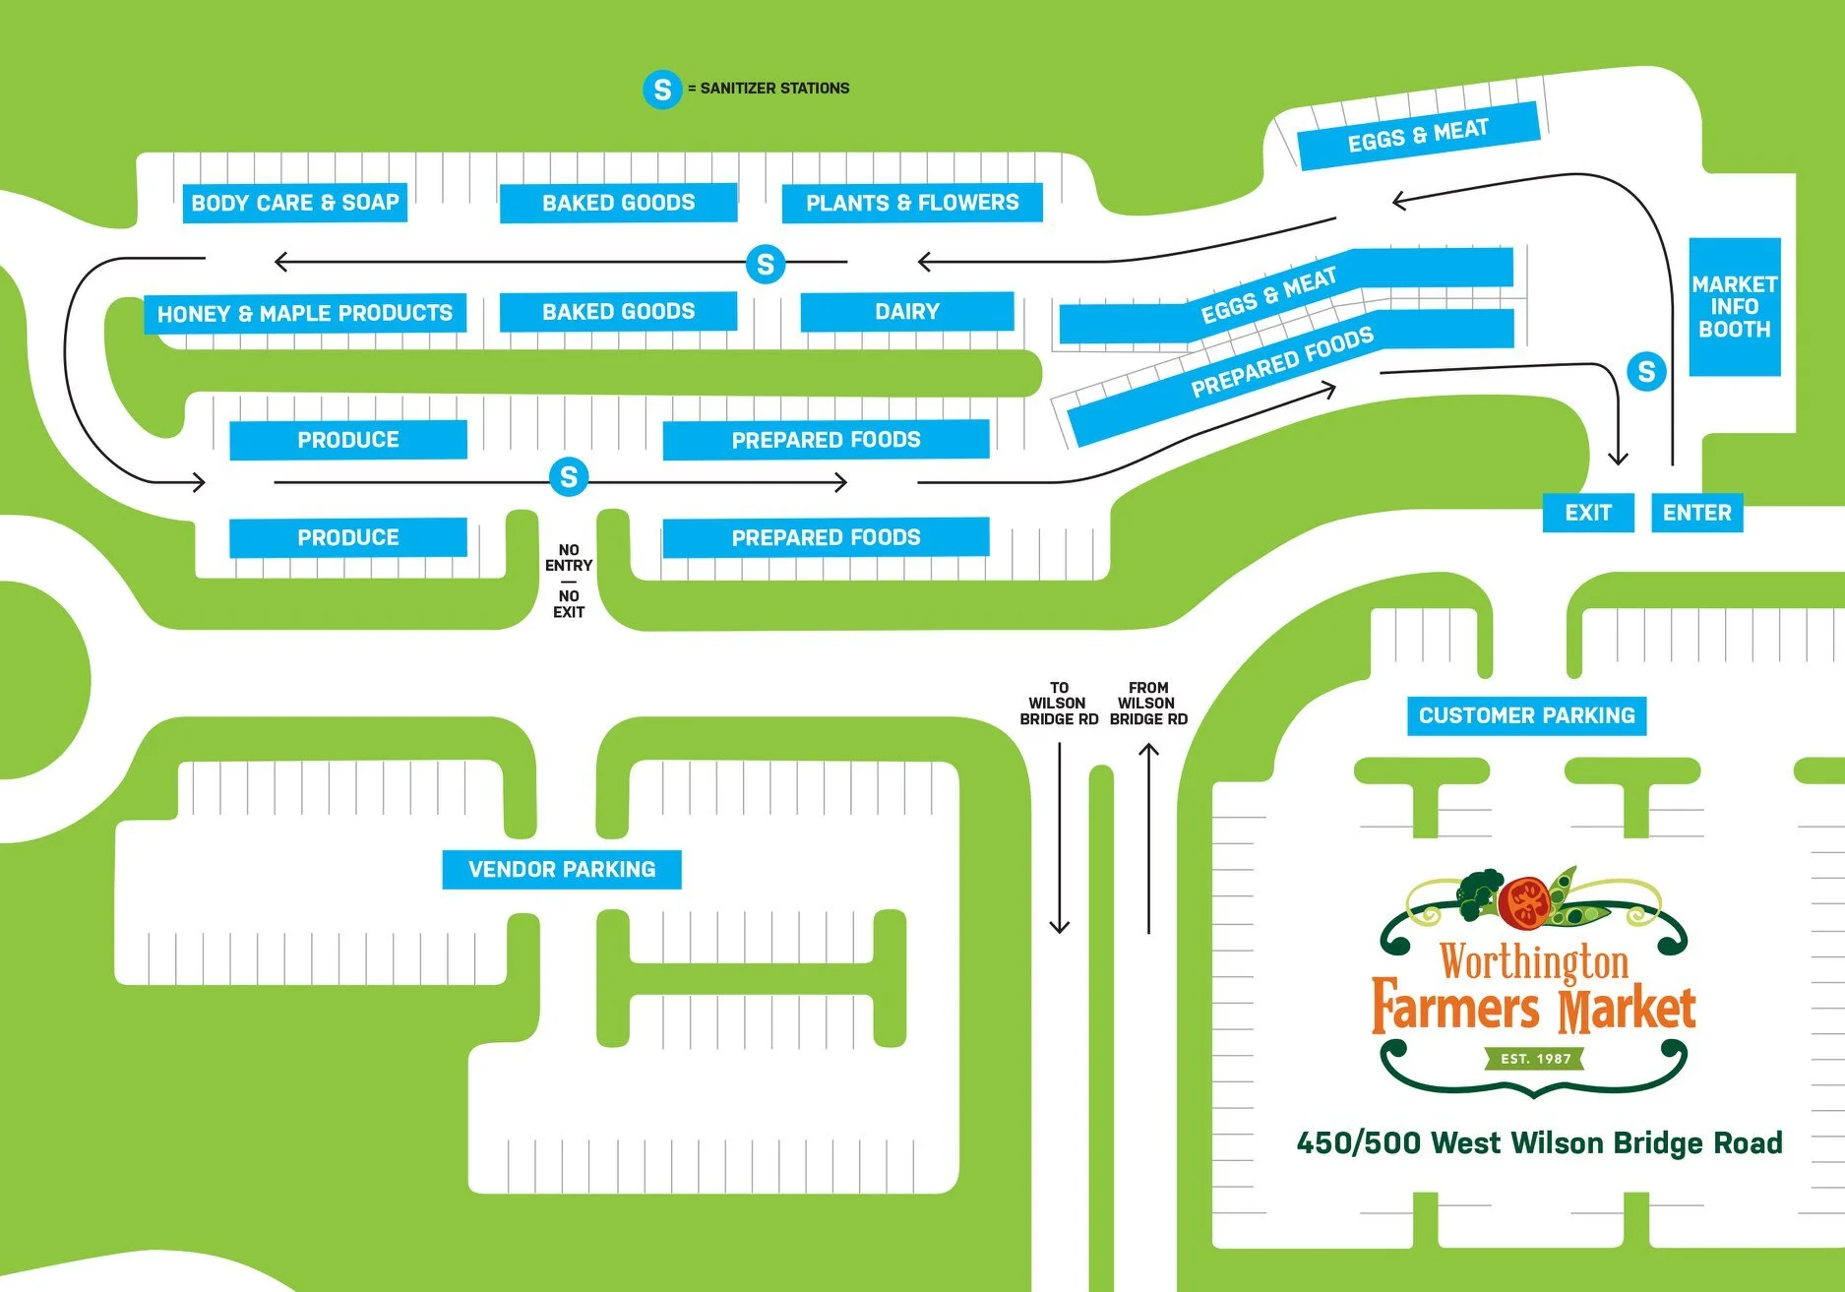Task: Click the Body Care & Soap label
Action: tap(294, 203)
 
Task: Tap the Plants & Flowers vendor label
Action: tap(912, 203)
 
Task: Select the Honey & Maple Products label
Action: tap(305, 313)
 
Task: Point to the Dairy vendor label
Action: tap(906, 311)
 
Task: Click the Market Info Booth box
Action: tap(1734, 306)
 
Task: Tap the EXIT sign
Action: tap(1587, 513)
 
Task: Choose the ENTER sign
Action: tap(1696, 513)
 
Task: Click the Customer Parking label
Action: tap(1526, 715)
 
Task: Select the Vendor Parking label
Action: tap(561, 869)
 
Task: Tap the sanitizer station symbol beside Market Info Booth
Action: tap(1646, 371)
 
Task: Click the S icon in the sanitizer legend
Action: tap(662, 90)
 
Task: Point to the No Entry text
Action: tap(569, 558)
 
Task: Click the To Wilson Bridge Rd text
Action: tap(1059, 704)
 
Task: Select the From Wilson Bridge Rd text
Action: tap(1148, 704)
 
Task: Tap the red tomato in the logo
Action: tap(1524, 901)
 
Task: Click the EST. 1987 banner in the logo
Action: tap(1535, 1059)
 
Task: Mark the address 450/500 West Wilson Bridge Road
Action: tap(1539, 1142)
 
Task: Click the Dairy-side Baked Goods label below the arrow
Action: tap(618, 311)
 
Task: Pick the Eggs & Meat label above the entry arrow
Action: tap(1418, 136)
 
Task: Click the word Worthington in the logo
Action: tap(1534, 961)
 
